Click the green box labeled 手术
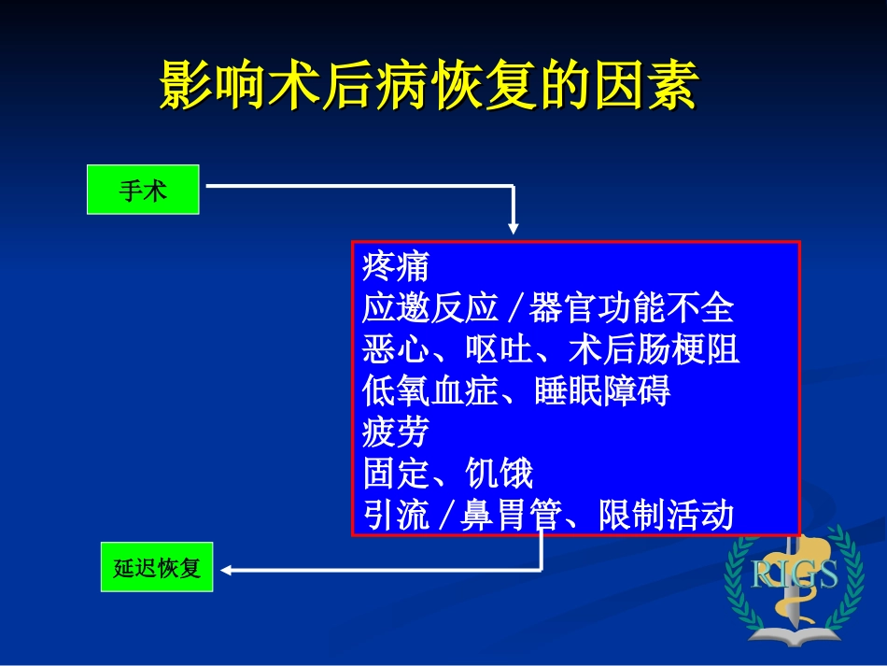click(143, 190)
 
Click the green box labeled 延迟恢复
click(157, 567)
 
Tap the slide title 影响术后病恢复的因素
click(429, 87)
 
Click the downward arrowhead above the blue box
click(514, 228)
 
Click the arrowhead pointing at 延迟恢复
click(227, 569)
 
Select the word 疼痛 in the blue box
click(396, 266)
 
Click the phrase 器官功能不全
click(631, 308)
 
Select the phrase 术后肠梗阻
click(654, 350)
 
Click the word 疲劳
click(396, 432)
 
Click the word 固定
click(396, 475)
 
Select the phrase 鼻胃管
click(511, 516)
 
